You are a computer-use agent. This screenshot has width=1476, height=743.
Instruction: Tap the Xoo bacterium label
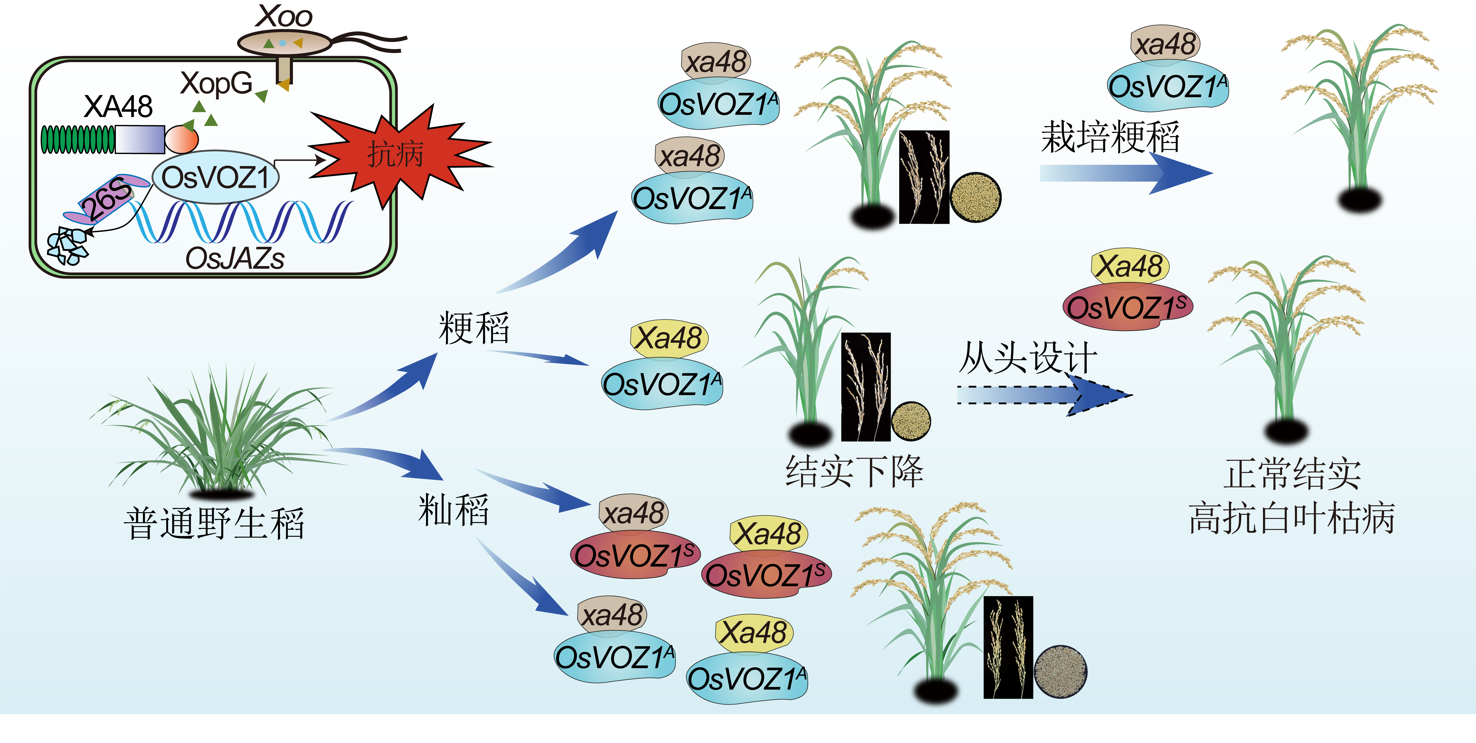click(x=284, y=16)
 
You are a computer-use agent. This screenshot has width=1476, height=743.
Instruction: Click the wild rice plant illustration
click(x=218, y=435)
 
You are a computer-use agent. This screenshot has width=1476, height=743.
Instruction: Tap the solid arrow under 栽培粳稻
click(x=1123, y=173)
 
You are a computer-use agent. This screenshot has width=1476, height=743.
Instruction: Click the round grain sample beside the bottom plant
click(x=1060, y=671)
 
